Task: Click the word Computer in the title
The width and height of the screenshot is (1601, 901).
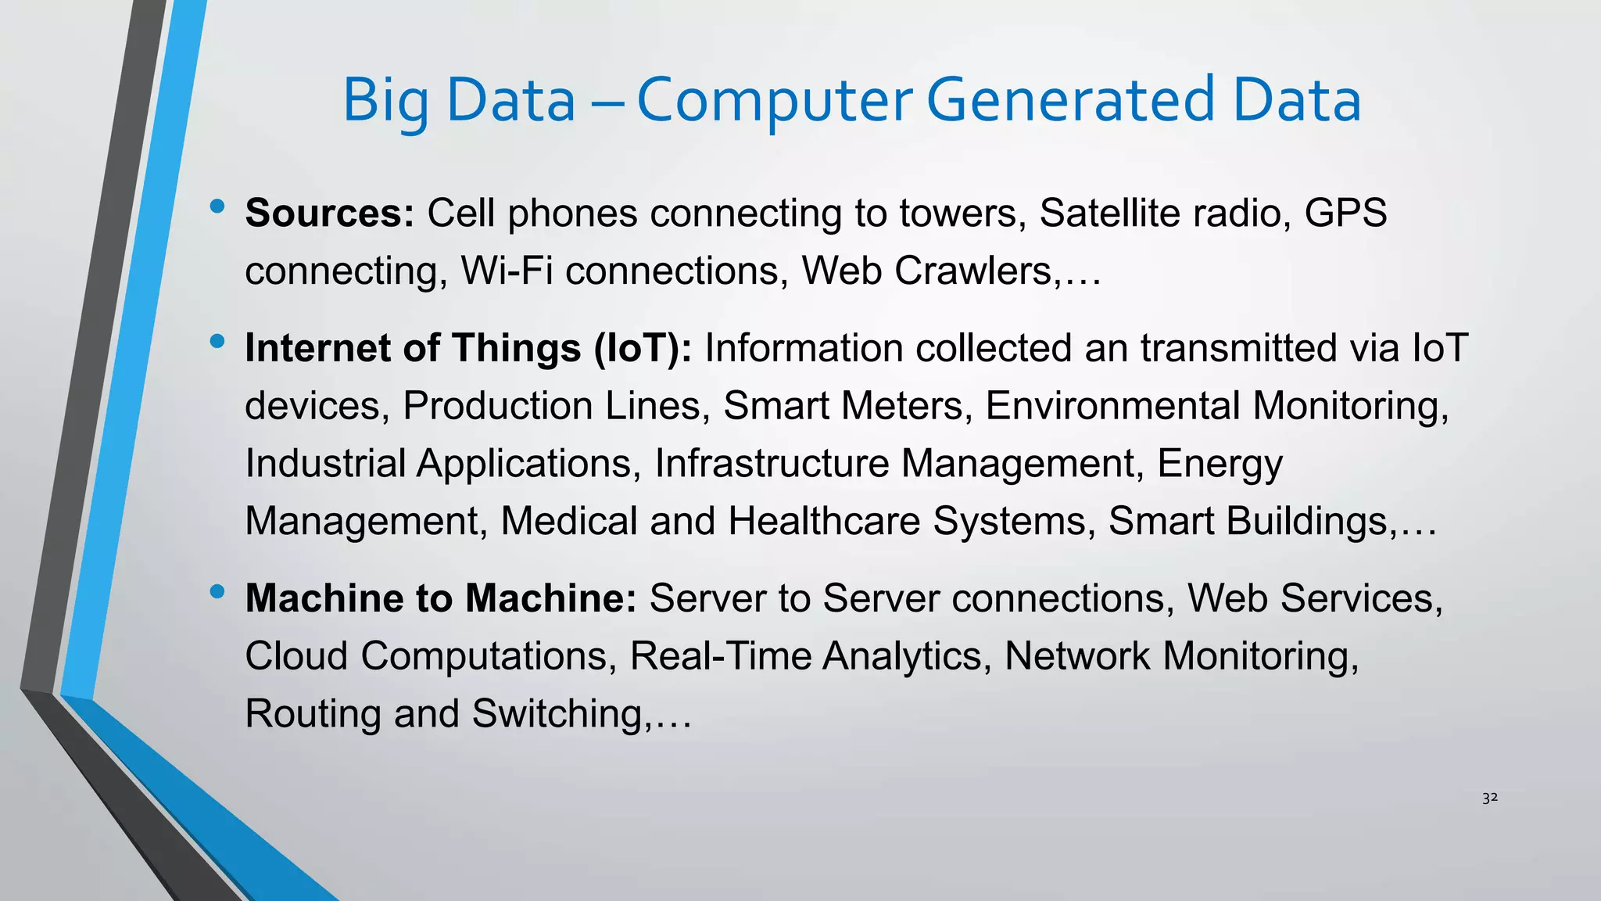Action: [774, 102]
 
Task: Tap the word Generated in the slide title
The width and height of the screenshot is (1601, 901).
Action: [1071, 102]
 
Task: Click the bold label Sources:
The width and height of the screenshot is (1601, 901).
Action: [329, 213]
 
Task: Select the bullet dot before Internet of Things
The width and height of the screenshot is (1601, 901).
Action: [217, 342]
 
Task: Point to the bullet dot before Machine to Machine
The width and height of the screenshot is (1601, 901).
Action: [217, 592]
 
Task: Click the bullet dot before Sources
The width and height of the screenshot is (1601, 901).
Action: [217, 207]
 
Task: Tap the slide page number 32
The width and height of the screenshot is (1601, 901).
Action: [1490, 798]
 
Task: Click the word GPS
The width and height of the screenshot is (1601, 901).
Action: [1345, 213]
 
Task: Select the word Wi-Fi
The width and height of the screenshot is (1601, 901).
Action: [507, 271]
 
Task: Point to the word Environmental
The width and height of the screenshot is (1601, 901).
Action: [1112, 406]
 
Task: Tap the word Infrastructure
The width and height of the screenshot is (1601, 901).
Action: [772, 463]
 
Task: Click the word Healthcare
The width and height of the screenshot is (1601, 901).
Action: [824, 521]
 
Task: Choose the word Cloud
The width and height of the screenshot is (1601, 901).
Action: [296, 655]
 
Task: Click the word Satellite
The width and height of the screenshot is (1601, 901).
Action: [1098, 213]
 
